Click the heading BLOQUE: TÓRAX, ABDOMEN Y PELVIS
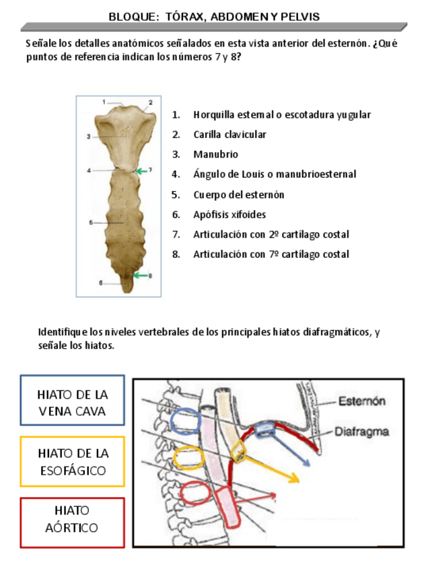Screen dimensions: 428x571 [x=214, y=16]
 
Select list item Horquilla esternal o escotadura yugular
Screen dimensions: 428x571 [x=281, y=115]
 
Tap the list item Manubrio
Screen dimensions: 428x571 [x=215, y=155]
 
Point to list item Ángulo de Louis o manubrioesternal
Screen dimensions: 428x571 [x=275, y=174]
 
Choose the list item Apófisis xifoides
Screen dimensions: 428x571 [x=229, y=215]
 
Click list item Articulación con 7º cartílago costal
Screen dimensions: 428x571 [x=271, y=255]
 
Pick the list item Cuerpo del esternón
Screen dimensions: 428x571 [x=238, y=195]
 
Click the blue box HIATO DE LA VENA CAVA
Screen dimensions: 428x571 [x=73, y=402]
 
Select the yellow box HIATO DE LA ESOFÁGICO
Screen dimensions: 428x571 [x=73, y=461]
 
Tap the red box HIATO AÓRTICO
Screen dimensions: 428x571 [x=73, y=519]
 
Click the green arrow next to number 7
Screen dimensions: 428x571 [x=141, y=171]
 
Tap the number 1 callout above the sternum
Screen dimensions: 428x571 [x=104, y=102]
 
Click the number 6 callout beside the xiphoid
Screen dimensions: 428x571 [x=101, y=283]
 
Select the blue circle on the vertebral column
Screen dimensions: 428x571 [x=185, y=422]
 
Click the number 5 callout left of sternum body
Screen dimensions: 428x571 [x=91, y=222]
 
